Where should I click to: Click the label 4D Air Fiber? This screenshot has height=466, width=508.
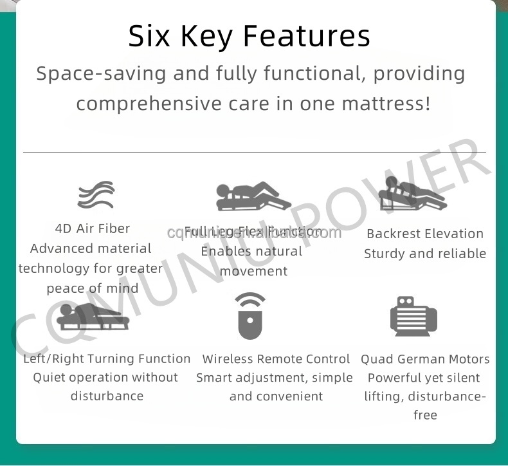[93, 228]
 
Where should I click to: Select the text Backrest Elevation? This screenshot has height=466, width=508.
[424, 234]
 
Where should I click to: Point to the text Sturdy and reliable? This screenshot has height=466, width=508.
[424, 254]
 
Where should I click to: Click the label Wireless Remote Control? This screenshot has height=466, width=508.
[276, 359]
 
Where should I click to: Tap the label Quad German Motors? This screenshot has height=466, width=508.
[425, 359]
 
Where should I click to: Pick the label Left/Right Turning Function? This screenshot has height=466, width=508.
[107, 359]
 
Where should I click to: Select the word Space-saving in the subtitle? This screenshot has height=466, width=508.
[102, 73]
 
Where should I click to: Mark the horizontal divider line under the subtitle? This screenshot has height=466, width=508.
[254, 152]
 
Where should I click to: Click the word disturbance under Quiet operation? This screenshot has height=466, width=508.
[107, 396]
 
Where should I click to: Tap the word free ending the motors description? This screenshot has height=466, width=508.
[425, 415]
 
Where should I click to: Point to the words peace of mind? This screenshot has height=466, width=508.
[93, 288]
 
